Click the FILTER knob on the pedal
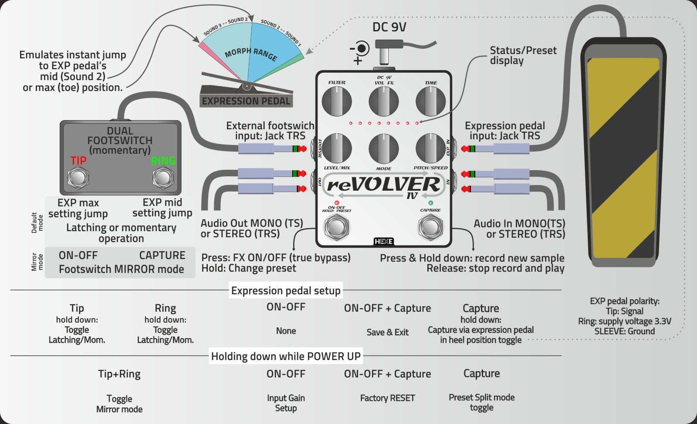coord(337,101)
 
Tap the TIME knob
coord(430,101)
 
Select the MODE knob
coord(383,148)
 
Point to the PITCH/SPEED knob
coord(430,148)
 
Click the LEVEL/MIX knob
coord(337,148)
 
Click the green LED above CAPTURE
coord(430,203)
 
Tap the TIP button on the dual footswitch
coord(78,178)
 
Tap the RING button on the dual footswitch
coord(163,178)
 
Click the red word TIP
coord(78,161)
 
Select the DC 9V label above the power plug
coord(389,27)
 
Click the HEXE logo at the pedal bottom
coord(384,241)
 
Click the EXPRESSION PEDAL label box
coord(246,101)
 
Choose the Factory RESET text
coord(387,398)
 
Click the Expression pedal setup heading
coord(286,290)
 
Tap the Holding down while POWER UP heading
coord(286,356)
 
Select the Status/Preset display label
coord(523,55)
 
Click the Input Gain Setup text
coord(286,403)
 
